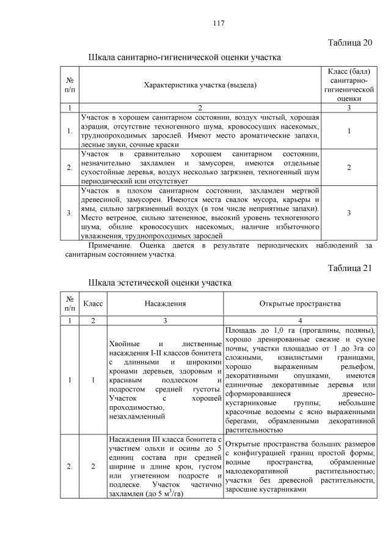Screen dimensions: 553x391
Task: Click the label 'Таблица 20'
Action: pyautogui.click(x=349, y=43)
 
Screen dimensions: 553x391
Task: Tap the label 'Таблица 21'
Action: pyautogui.click(x=349, y=268)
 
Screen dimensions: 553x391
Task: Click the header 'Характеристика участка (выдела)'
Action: pyautogui.click(x=199, y=86)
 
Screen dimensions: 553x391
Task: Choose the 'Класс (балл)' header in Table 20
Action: pyautogui.click(x=348, y=73)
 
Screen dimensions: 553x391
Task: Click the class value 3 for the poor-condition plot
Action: pyautogui.click(x=348, y=212)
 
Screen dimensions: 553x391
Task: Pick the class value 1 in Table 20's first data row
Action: pyautogui.click(x=348, y=130)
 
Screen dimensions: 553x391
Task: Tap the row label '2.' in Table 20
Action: pyautogui.click(x=70, y=167)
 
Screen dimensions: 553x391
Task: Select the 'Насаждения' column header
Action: pyautogui.click(x=165, y=303)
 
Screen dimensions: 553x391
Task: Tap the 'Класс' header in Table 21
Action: pyautogui.click(x=93, y=303)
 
